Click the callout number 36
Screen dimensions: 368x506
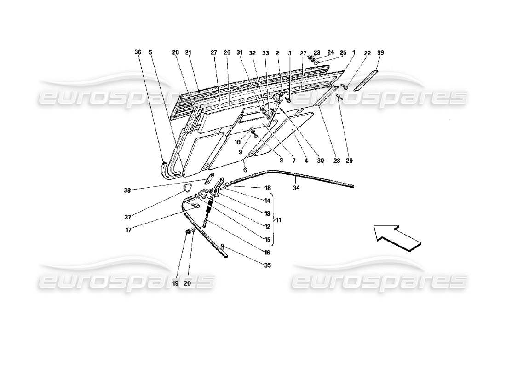pyautogui.click(x=138, y=52)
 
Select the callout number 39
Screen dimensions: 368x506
pyautogui.click(x=380, y=52)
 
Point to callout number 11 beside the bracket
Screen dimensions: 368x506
pyautogui.click(x=278, y=220)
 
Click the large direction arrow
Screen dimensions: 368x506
pyautogui.click(x=397, y=236)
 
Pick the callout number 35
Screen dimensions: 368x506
pyautogui.click(x=268, y=265)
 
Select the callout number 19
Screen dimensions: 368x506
pyautogui.click(x=175, y=284)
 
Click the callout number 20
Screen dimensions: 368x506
pyautogui.click(x=187, y=284)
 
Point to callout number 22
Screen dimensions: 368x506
pyautogui.click(x=366, y=52)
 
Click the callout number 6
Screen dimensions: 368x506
pyautogui.click(x=245, y=170)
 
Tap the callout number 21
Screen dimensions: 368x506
pyautogui.click(x=188, y=52)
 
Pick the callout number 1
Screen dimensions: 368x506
pyautogui.click(x=353, y=52)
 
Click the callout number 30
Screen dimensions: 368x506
pyautogui.click(x=321, y=161)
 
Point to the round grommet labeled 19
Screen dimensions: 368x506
pyautogui.click(x=187, y=232)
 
